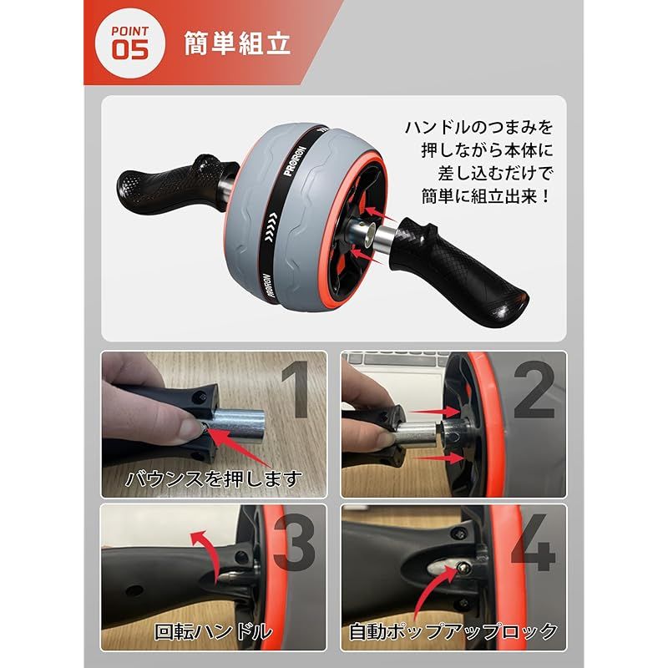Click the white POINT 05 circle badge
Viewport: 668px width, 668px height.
129,43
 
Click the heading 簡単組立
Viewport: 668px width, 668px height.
237,43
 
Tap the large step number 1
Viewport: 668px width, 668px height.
300,389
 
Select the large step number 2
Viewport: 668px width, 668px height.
534,389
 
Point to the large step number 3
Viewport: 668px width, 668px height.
295,542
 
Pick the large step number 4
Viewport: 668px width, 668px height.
533,542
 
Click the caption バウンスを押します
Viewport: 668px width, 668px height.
214,478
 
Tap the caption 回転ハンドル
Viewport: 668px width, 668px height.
213,631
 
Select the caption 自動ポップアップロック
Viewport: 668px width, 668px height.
453,631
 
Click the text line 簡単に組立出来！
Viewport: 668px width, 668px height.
487,196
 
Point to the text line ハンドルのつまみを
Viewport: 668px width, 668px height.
478,128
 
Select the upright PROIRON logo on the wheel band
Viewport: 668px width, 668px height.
295,161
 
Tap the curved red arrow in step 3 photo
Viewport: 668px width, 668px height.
205,554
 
